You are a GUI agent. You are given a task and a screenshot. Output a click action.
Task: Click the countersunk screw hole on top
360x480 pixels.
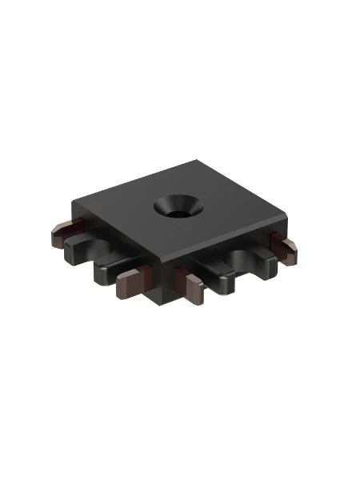pyautogui.click(x=178, y=206)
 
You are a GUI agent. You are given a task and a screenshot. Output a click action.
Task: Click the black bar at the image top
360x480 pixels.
pyautogui.click(x=180, y=28)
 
